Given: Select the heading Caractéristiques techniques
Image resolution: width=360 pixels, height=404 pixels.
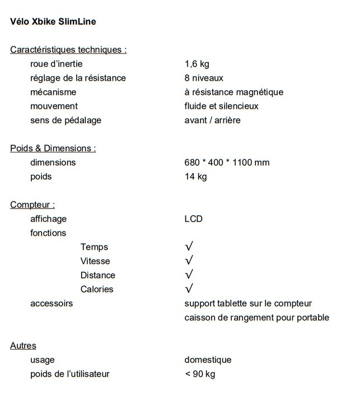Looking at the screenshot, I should tap(68, 50).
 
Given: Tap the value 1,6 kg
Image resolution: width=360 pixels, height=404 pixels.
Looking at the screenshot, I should tap(197, 64).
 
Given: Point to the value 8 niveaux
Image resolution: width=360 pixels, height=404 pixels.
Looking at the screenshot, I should tap(204, 78).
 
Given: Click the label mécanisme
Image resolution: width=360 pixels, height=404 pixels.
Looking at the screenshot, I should tap(53, 92).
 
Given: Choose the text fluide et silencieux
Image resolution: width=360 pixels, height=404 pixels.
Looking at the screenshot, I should tap(221, 106).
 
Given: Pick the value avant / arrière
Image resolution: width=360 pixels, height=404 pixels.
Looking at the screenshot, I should tap(212, 120).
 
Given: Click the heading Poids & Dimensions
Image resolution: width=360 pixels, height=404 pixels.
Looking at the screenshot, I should tap(53, 148).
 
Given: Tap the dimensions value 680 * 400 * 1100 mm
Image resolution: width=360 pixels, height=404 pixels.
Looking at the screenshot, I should tap(227, 162).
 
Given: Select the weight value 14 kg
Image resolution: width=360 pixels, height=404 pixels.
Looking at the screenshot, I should tap(195, 177).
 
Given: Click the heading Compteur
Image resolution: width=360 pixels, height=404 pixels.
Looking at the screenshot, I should tap(32, 205).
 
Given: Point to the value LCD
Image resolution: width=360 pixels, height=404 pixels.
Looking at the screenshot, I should tap(193, 219).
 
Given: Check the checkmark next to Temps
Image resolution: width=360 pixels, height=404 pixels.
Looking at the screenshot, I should tap(189, 247).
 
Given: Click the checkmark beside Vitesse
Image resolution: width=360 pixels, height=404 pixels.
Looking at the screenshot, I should tap(189, 261).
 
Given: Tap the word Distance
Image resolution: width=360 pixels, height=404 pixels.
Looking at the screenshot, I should tap(98, 275).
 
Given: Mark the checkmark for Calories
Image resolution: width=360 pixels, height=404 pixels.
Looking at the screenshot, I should tap(189, 289).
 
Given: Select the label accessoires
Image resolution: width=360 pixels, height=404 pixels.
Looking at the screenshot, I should tap(52, 303).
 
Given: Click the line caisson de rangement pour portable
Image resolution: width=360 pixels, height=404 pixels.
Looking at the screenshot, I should tap(256, 318).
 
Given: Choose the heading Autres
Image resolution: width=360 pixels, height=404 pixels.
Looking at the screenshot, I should tap(23, 346).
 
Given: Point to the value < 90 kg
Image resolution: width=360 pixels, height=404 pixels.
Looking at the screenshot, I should tap(200, 374).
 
